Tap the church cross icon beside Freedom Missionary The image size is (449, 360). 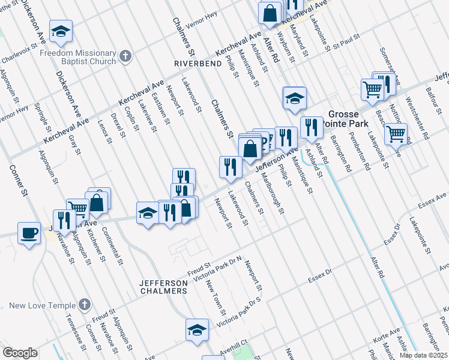(125, 56)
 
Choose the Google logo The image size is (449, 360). (20, 353)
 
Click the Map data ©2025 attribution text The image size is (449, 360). (423, 355)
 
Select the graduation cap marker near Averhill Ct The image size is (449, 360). (196, 329)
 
